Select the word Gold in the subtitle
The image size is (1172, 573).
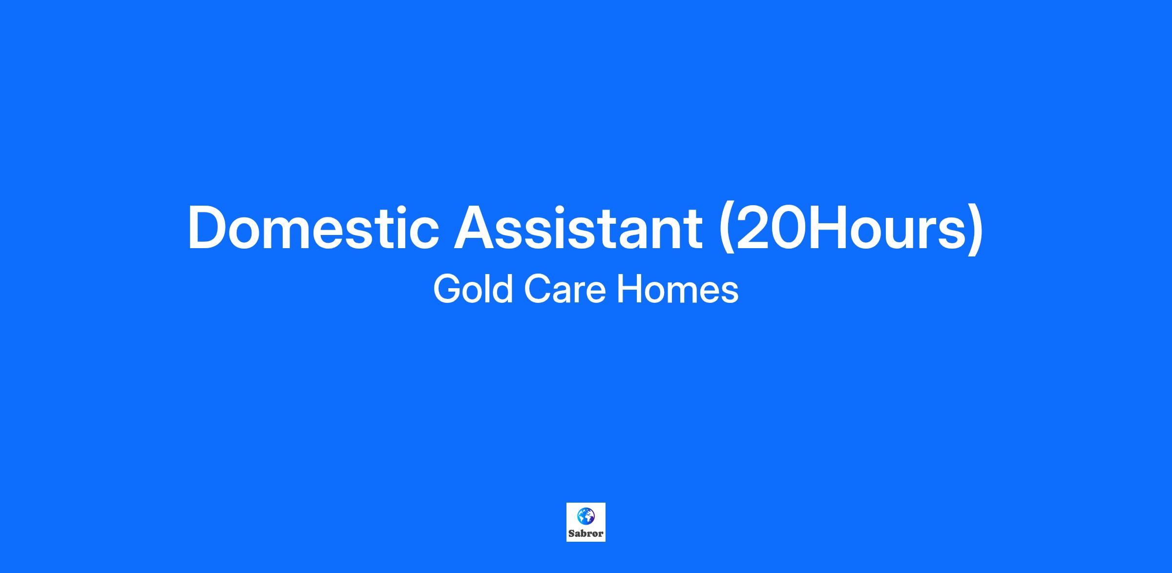coord(473,289)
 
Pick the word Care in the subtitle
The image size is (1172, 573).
coord(565,289)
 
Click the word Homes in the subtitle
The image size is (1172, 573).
coord(678,289)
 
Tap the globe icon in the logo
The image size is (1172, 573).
coord(586,516)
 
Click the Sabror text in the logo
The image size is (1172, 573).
coord(586,533)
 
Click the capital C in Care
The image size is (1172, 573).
coord(538,289)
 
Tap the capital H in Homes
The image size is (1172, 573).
coord(629,289)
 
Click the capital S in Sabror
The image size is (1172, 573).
coord(571,533)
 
